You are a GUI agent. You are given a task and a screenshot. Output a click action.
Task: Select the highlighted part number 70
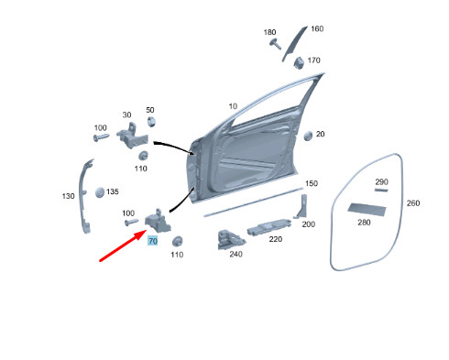[153, 240]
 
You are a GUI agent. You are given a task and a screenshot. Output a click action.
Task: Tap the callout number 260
[412, 203]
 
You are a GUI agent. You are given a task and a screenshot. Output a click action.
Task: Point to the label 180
[269, 33]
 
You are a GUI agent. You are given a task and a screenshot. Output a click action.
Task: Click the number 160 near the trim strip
[317, 28]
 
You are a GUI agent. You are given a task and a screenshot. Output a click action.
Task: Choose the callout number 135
[112, 192]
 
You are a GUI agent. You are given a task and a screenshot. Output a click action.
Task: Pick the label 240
[235, 255]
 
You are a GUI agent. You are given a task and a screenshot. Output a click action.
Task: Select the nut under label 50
[151, 122]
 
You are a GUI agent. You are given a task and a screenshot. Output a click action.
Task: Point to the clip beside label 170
[299, 62]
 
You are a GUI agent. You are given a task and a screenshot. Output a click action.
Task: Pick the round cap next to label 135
[100, 193]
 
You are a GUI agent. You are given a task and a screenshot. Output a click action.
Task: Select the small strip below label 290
[381, 191]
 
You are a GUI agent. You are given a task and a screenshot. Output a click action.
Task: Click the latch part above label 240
[224, 238]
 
